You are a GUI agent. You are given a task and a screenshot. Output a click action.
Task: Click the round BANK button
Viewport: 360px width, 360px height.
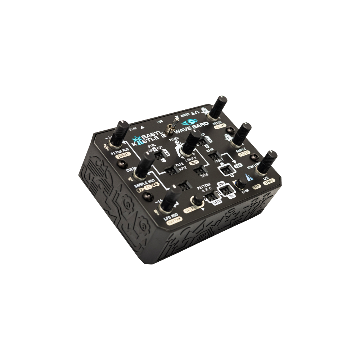(239, 184)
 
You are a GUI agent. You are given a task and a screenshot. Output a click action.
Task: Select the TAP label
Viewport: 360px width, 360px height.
(257, 186)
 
